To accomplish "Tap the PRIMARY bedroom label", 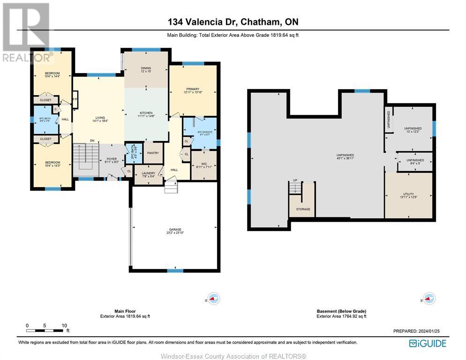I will tap(193, 89).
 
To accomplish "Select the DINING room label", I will tap(146, 68).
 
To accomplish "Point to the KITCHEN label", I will tap(146, 113).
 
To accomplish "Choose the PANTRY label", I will tap(153, 153).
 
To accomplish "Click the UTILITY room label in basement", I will tap(408, 194).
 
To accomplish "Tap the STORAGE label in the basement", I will tap(303, 209).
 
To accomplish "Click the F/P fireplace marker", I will tap(75, 99).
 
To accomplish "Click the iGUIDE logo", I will tap(428, 343).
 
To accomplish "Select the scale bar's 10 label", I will tap(64, 325).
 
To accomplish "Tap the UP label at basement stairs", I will tap(295, 180).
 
